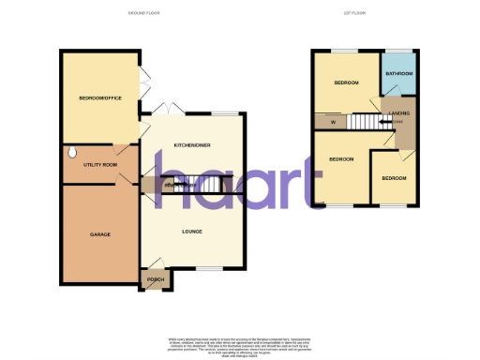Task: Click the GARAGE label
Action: [100, 234]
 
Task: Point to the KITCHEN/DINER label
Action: [192, 145]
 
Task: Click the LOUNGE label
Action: [191, 231]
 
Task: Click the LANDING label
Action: [399, 113]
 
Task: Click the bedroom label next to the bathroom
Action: [346, 83]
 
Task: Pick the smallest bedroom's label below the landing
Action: [394, 177]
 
